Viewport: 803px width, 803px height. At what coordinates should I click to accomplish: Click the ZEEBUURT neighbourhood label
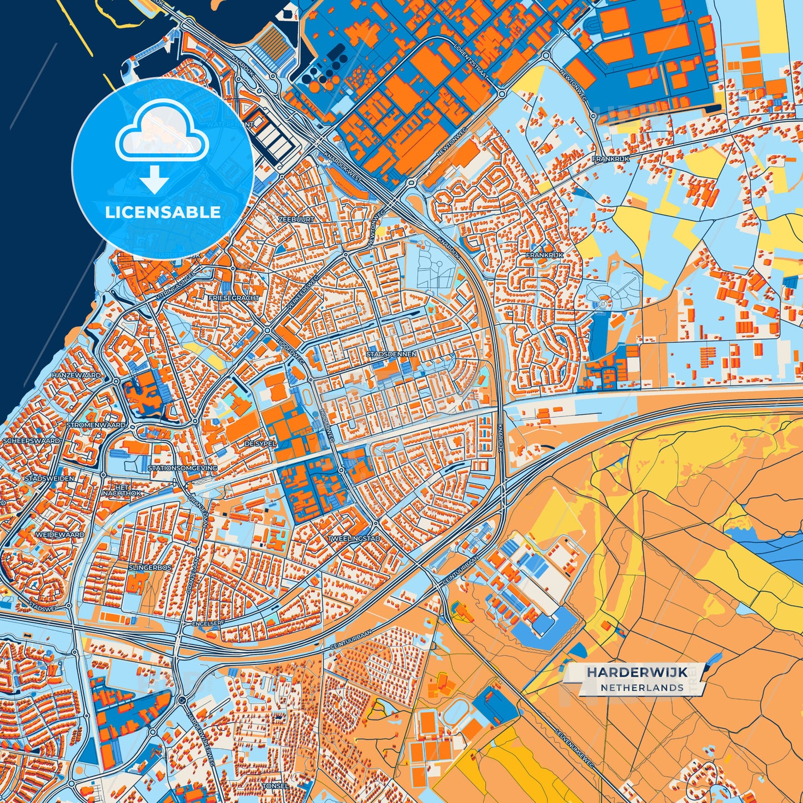pyautogui.click(x=296, y=220)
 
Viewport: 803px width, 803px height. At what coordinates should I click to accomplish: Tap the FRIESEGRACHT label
pyautogui.click(x=233, y=298)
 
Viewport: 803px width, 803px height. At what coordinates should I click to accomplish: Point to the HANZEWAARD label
pyautogui.click(x=77, y=376)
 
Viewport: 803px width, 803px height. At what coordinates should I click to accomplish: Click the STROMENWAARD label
pyautogui.click(x=96, y=425)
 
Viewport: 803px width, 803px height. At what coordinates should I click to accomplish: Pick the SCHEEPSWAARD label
pyautogui.click(x=31, y=441)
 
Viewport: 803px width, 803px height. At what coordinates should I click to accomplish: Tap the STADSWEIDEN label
pyautogui.click(x=49, y=478)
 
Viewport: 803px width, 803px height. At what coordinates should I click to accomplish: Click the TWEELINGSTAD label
pyautogui.click(x=353, y=539)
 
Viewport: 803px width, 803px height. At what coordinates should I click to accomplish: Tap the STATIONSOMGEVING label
pyautogui.click(x=182, y=468)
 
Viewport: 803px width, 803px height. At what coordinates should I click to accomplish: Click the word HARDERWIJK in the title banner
pyautogui.click(x=637, y=672)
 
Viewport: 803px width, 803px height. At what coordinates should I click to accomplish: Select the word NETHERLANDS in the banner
pyautogui.click(x=641, y=688)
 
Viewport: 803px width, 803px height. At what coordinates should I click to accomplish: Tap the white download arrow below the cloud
pyautogui.click(x=154, y=180)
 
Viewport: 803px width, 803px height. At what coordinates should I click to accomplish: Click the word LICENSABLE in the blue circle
pyautogui.click(x=163, y=212)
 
